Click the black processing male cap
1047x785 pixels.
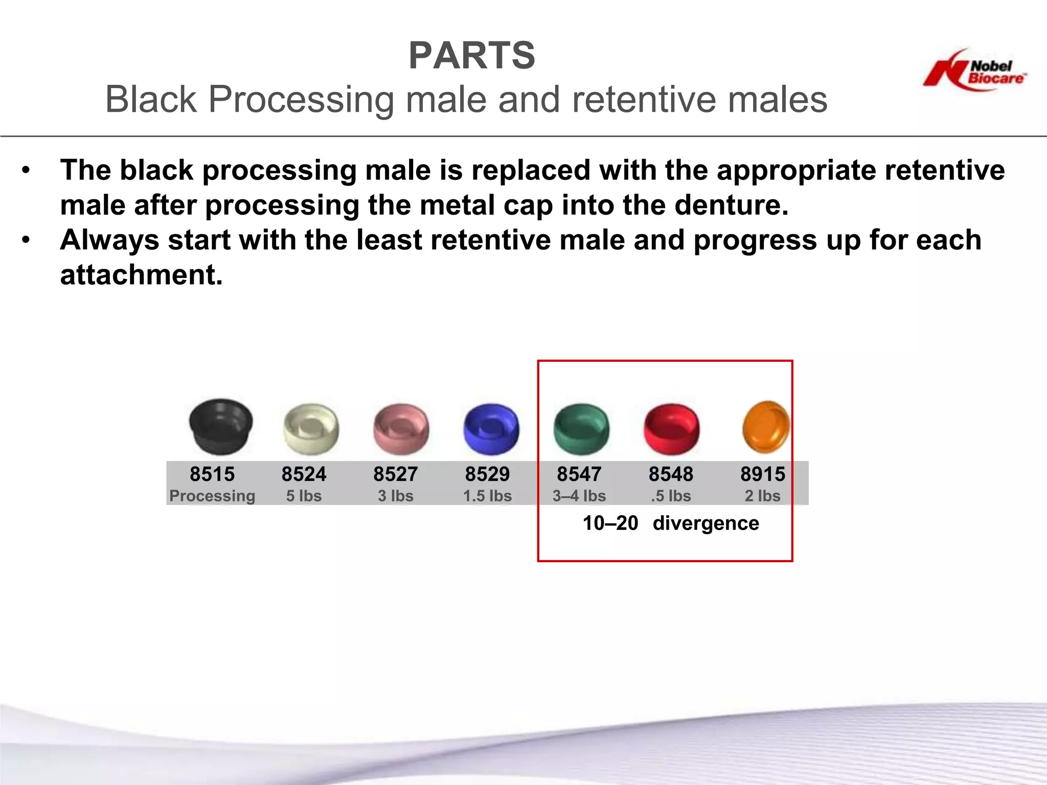[220, 426]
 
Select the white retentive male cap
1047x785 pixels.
[311, 429]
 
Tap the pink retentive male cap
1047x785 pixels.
[401, 429]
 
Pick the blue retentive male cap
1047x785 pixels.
[491, 429]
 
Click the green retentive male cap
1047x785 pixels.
[581, 429]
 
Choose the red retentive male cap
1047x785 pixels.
[671, 429]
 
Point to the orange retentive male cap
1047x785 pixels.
[765, 427]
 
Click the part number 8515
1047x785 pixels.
[212, 474]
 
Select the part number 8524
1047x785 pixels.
[304, 474]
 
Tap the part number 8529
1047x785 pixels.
[487, 474]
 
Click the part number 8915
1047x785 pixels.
[762, 474]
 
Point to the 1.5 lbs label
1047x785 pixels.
[487, 496]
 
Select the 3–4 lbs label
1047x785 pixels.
[579, 496]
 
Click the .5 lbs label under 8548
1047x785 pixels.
[671, 496]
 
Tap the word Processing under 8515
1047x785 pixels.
[212, 496]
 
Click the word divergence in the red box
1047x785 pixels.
[705, 523]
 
